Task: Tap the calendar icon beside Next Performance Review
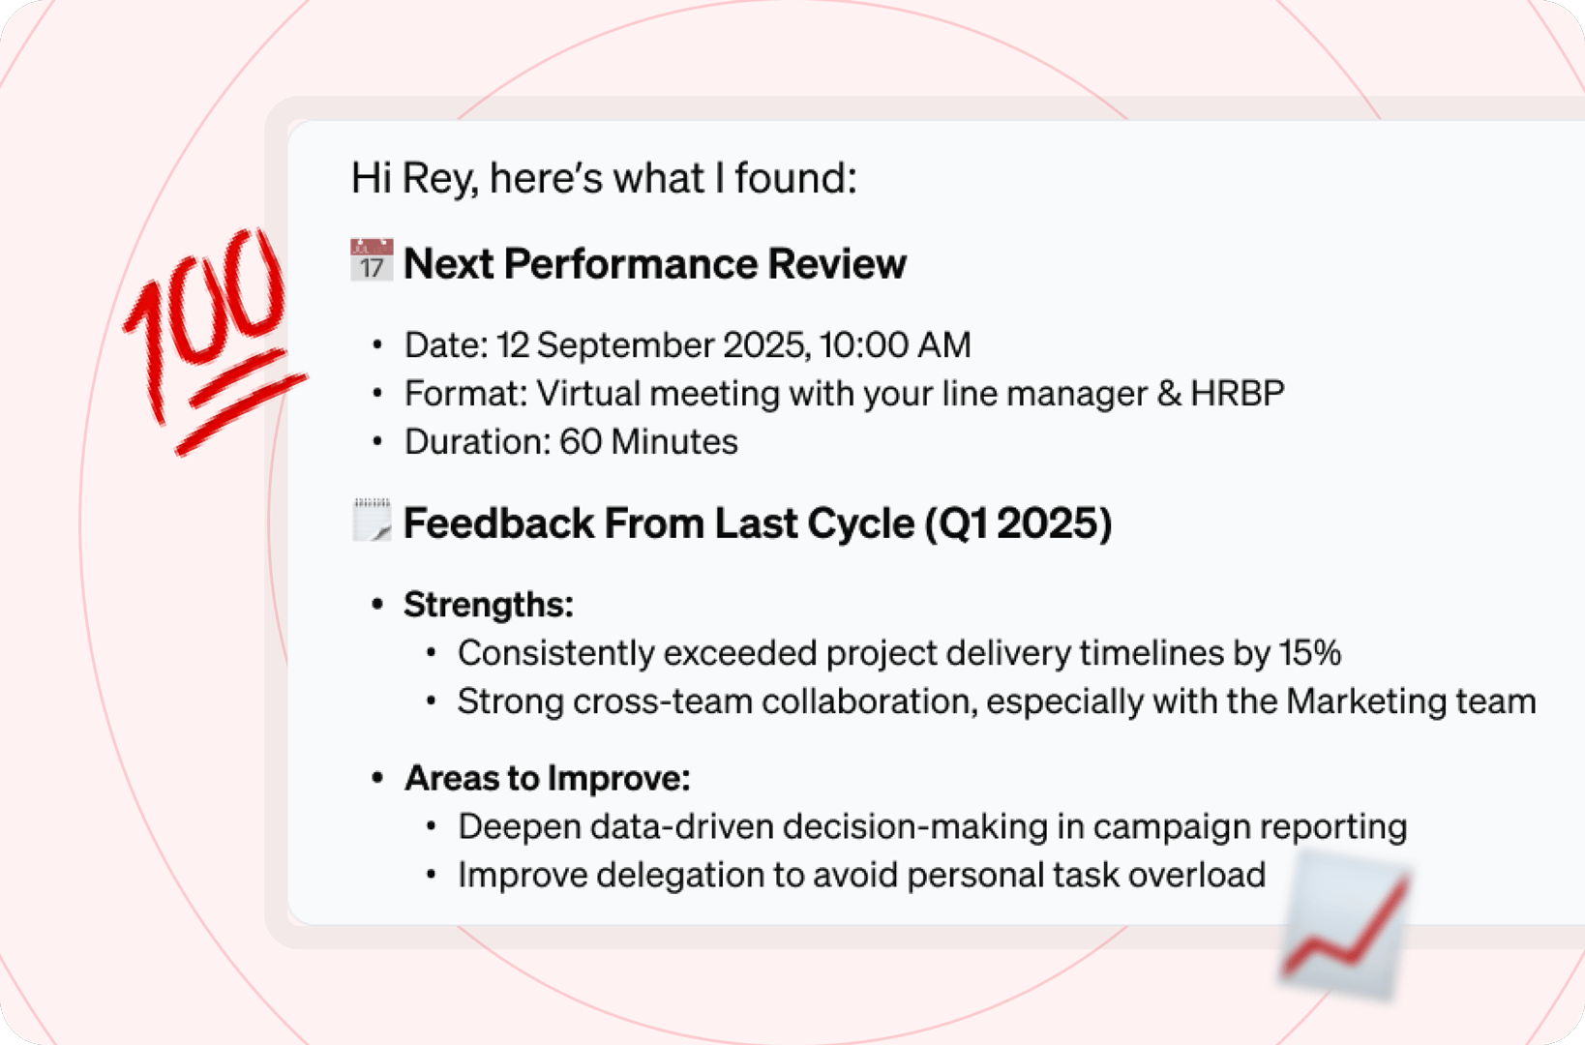(372, 261)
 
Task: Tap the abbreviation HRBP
(1237, 394)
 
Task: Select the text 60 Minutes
(648, 442)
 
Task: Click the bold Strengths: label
(488, 605)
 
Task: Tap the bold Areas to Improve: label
(547, 779)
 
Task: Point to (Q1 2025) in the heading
(1018, 523)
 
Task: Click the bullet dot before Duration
(377, 442)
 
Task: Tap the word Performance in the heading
(630, 264)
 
